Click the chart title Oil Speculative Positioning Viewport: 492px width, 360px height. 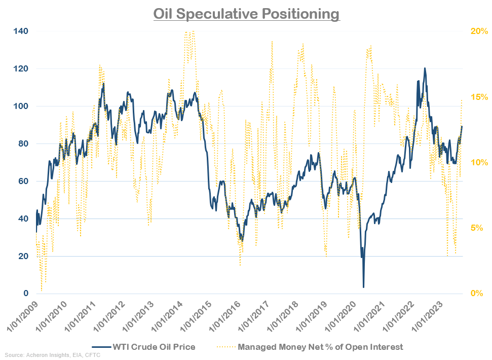click(x=246, y=14)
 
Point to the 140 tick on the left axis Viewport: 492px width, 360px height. click(x=21, y=31)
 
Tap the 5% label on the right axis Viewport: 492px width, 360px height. click(x=477, y=228)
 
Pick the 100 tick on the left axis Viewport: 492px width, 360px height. click(x=21, y=106)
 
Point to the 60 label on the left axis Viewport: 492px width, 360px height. click(x=23, y=182)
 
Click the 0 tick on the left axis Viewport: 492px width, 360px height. click(x=25, y=294)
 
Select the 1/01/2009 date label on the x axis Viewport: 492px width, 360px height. click(x=23, y=315)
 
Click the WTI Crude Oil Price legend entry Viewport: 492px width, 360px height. click(x=152, y=347)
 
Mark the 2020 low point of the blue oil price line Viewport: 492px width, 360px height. click(x=363, y=287)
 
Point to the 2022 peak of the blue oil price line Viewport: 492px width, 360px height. click(x=425, y=68)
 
